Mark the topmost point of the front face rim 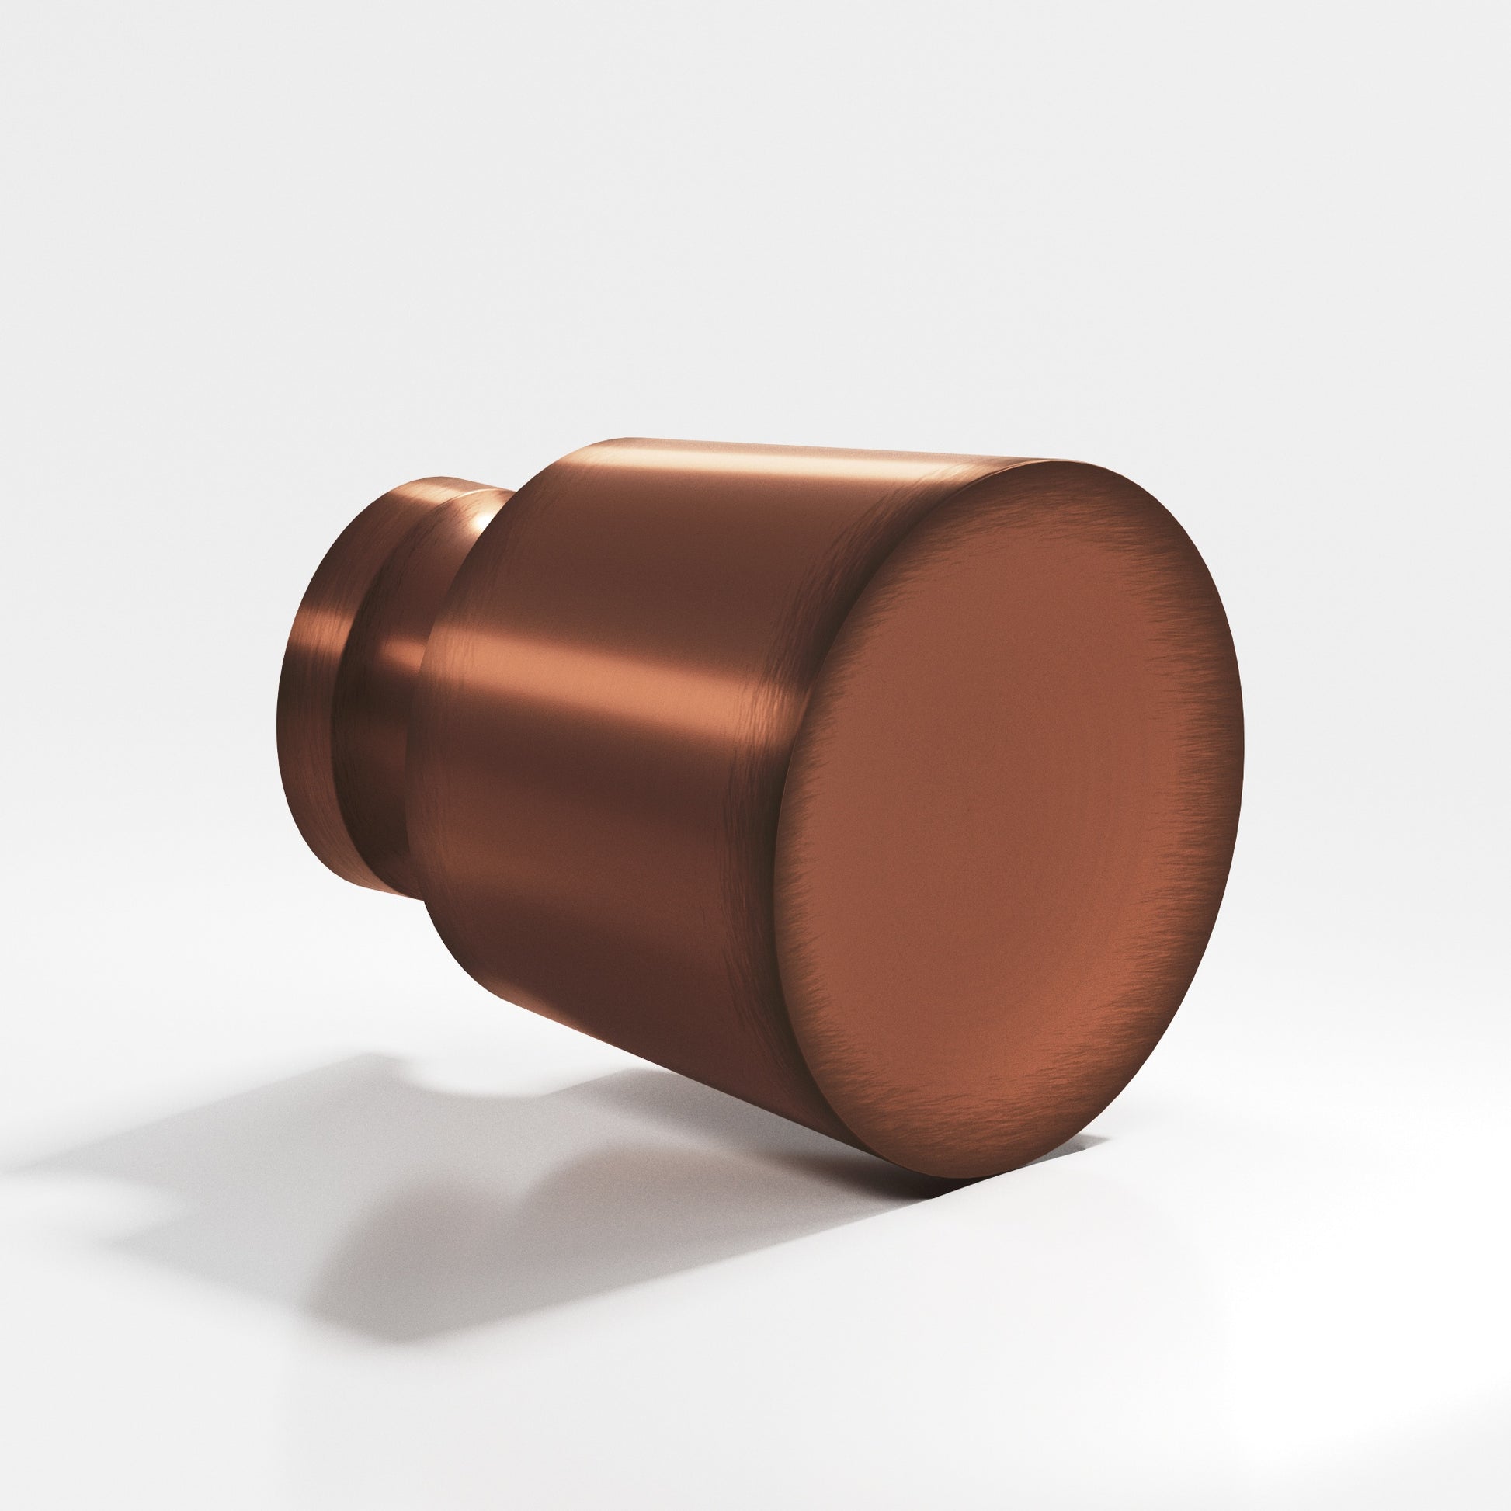point(1072,461)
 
